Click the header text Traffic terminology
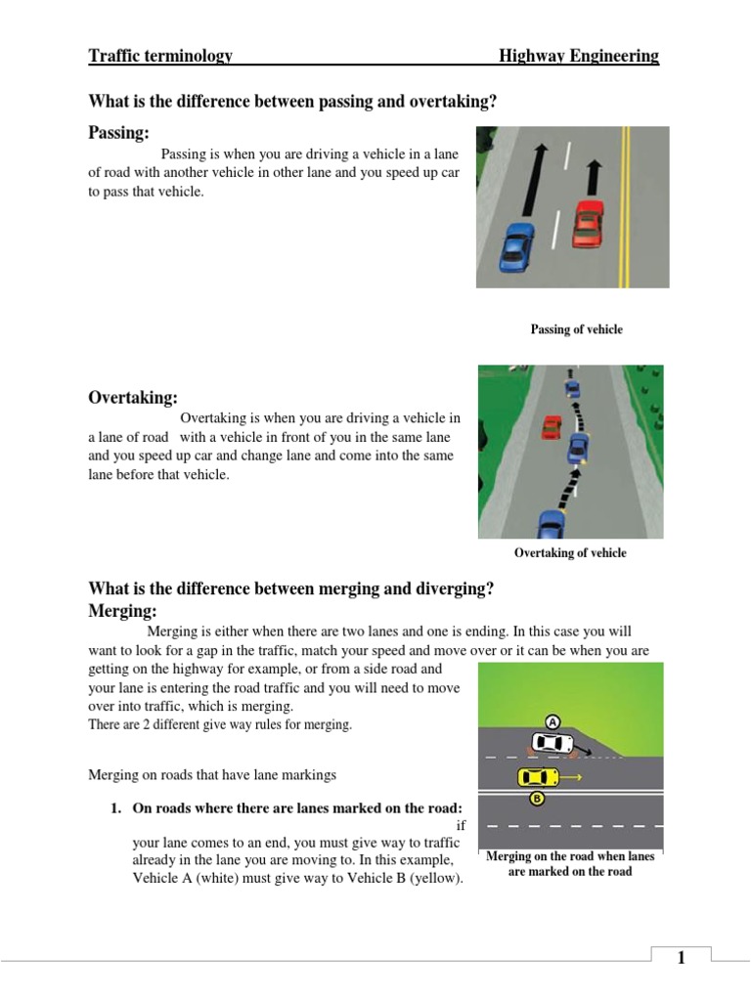point(160,56)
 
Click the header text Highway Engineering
point(578,56)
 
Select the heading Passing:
point(119,132)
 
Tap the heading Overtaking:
point(133,397)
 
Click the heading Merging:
point(122,610)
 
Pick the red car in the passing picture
point(588,223)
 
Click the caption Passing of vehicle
point(576,329)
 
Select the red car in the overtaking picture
point(552,427)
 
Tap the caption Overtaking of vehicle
point(570,553)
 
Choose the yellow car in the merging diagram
point(537,777)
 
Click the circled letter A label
point(552,722)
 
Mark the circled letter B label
point(536,799)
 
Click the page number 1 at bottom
point(681,958)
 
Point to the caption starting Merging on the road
point(570,863)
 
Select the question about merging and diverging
point(290,588)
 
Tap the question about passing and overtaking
point(292,102)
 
